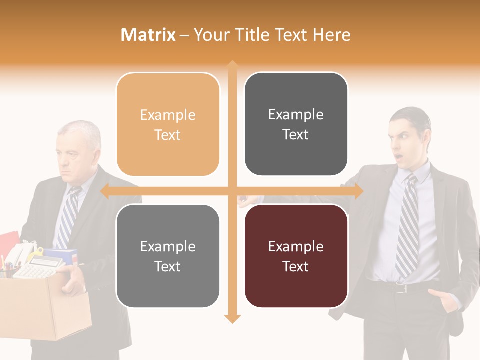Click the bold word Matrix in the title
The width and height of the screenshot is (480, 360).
click(x=148, y=35)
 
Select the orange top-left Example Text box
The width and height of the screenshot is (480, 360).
click(x=168, y=124)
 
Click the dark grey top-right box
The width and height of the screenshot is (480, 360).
click(x=296, y=124)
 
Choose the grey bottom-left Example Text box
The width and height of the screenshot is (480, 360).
click(x=168, y=256)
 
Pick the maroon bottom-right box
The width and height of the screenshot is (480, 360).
click(x=296, y=256)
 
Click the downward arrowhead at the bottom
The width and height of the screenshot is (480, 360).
click(x=232, y=318)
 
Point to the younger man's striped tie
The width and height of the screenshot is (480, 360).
click(x=408, y=225)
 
